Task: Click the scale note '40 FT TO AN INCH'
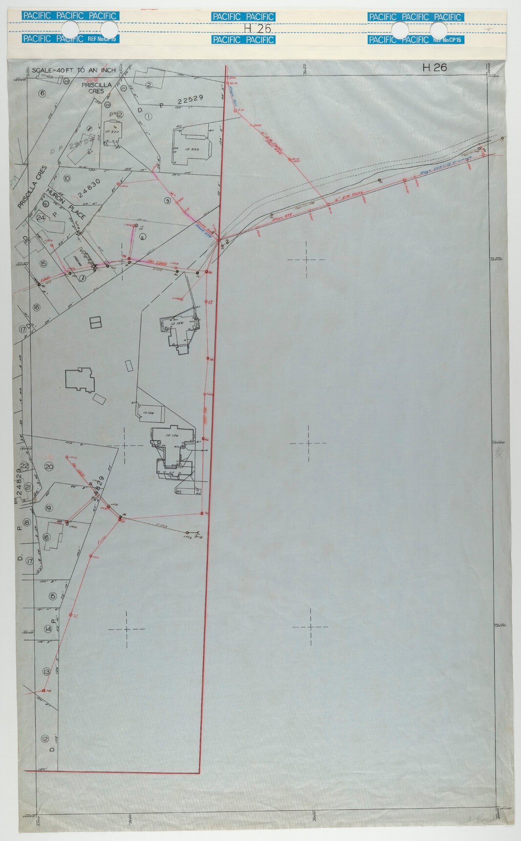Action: [x=74, y=70]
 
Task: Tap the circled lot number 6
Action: [x=42, y=93]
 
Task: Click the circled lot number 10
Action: [x=67, y=178]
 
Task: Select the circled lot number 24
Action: [x=41, y=218]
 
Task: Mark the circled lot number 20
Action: [x=49, y=466]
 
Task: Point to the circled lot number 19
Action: [x=48, y=508]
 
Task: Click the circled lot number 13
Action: [x=47, y=671]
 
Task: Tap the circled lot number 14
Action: [x=48, y=629]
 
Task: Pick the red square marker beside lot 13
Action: [x=43, y=690]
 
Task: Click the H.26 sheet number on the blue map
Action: [x=434, y=68]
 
